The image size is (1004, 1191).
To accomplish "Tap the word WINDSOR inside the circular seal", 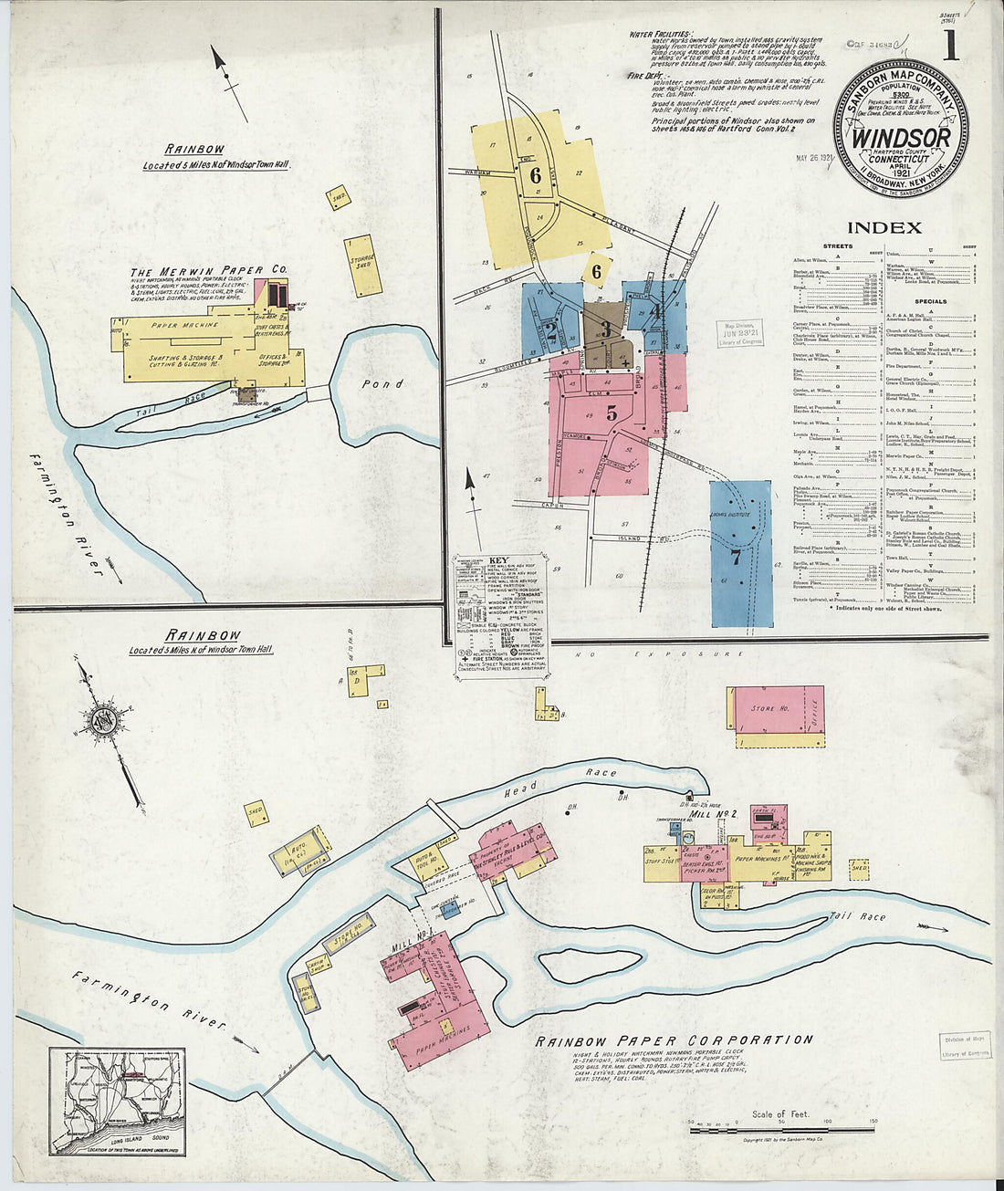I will click(x=901, y=137).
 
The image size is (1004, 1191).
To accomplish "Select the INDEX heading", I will click(x=884, y=227).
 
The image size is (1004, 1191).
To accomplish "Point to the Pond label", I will click(x=382, y=384).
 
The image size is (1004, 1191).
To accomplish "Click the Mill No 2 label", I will click(x=714, y=812).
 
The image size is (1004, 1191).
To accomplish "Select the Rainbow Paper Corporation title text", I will click(x=674, y=1040).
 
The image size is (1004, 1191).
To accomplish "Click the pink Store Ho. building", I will click(x=776, y=709).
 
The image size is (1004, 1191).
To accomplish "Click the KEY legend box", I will click(x=501, y=615).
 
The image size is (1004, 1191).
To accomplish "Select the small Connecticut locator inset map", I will click(x=117, y=1102).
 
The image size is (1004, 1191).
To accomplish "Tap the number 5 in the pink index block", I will click(x=612, y=413).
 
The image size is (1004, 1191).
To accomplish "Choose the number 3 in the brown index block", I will click(x=604, y=330).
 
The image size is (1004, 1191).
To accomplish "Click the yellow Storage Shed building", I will click(x=363, y=266).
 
